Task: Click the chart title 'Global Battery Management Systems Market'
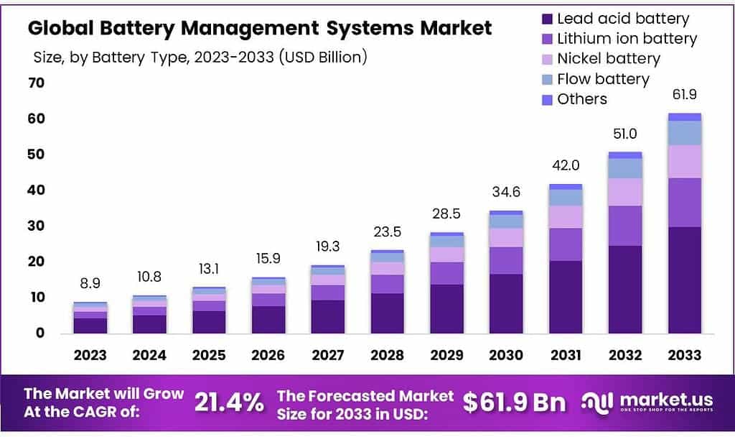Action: point(260,28)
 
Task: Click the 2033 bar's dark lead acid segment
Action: point(684,280)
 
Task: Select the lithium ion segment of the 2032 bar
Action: point(624,226)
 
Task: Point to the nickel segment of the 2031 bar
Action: point(566,216)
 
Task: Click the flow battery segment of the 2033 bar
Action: point(684,133)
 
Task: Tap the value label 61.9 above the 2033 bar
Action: point(684,95)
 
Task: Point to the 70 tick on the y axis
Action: point(36,83)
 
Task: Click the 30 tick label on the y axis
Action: point(36,226)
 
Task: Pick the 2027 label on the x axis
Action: point(327,355)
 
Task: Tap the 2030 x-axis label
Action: point(507,355)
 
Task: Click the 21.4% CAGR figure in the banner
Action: point(229,402)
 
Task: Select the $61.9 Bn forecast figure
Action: point(513,402)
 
